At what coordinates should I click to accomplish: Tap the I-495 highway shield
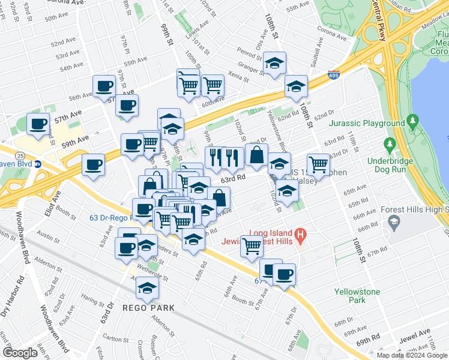coord(334,76)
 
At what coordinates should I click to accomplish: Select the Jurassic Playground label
coord(367,124)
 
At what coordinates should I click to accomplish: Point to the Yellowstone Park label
coord(357,295)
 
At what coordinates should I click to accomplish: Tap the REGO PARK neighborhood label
coord(148,308)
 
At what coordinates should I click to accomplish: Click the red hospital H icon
coord(302,233)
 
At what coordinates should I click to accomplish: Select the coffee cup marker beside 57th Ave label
coord(38,124)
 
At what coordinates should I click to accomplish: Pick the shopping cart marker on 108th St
coord(318,164)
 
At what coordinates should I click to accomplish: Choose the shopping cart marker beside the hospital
coord(252,244)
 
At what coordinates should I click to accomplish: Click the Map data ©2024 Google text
coord(411,355)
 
